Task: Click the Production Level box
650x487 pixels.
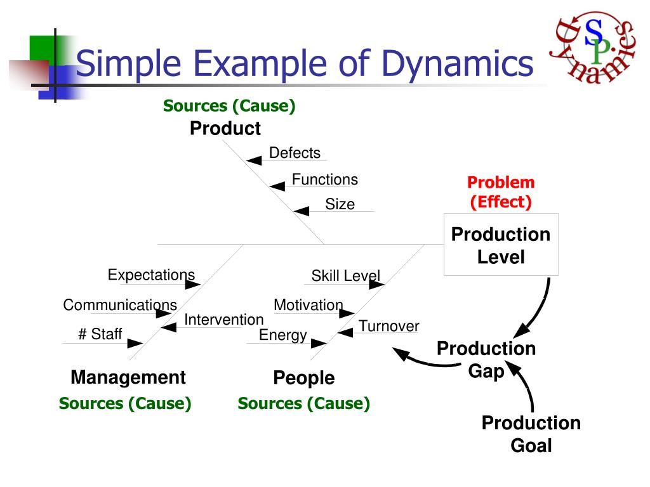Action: coord(501,245)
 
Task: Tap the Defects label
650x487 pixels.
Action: coord(295,153)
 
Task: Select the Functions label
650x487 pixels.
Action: coord(324,179)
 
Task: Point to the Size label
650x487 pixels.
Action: coord(340,204)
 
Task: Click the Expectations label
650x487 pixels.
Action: coord(151,275)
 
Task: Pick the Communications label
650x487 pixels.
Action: coord(120,305)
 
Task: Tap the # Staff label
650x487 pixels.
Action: coord(100,334)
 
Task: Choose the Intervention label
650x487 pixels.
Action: coord(223,320)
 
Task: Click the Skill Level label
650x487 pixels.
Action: coord(345,276)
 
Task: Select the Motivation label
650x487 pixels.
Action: coord(308,305)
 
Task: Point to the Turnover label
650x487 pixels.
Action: coord(388,326)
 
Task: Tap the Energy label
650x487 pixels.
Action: coord(282,335)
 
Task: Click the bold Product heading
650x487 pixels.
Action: coord(225,129)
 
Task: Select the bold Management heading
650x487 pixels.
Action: coord(128,377)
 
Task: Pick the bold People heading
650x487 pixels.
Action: coord(303,378)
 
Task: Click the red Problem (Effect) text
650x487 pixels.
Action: coord(501,192)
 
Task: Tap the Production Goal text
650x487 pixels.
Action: coord(531,434)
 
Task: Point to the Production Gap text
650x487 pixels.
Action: coord(486,360)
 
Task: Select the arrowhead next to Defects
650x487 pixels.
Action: coord(254,160)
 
